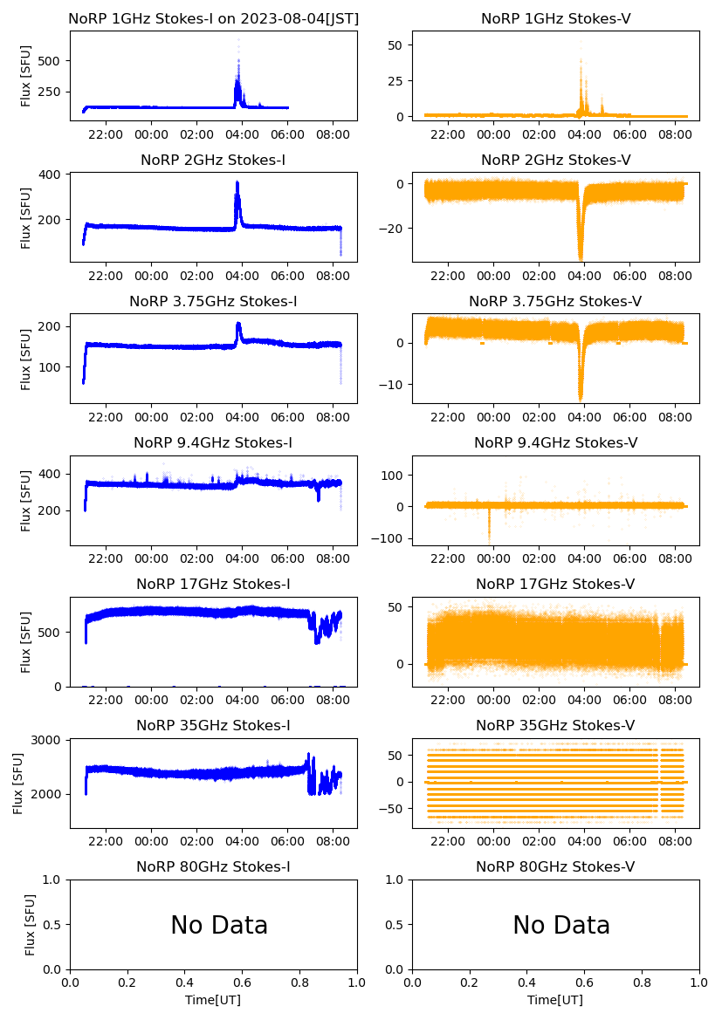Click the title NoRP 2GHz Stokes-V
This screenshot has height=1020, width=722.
(555, 161)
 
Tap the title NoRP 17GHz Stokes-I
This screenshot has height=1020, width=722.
(213, 584)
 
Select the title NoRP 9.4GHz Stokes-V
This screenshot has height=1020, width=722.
(555, 443)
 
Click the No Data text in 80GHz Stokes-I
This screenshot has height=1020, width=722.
(219, 925)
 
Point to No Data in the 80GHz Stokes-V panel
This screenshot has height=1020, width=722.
(561, 925)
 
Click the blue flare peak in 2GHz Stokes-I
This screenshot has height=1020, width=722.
(237, 182)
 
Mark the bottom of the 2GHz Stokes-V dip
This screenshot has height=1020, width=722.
(581, 259)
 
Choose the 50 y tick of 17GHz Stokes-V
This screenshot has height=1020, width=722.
(394, 606)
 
